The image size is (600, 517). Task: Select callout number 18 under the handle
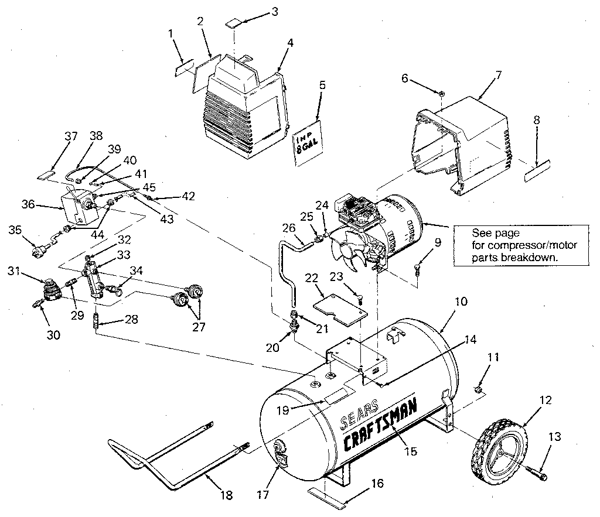[226, 495]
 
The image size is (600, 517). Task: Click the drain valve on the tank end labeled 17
[280, 450]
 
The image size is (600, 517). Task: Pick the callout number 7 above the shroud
[499, 74]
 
